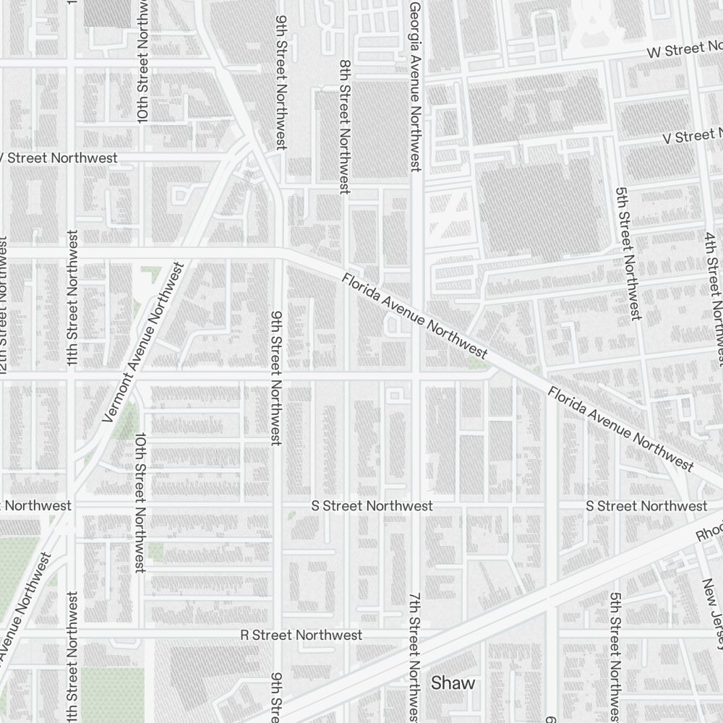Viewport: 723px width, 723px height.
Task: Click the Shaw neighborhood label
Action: point(453,683)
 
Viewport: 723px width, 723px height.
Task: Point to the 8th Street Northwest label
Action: point(344,127)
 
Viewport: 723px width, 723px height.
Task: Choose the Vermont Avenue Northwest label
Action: point(145,342)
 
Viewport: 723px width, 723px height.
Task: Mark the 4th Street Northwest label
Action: point(715,296)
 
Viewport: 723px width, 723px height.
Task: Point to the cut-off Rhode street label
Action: point(709,531)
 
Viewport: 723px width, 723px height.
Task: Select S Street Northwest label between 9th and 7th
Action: point(372,505)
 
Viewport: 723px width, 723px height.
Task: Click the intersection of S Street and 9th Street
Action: point(278,505)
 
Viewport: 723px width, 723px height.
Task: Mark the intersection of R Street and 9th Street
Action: point(278,635)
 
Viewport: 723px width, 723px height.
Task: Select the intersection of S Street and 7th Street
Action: point(419,505)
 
